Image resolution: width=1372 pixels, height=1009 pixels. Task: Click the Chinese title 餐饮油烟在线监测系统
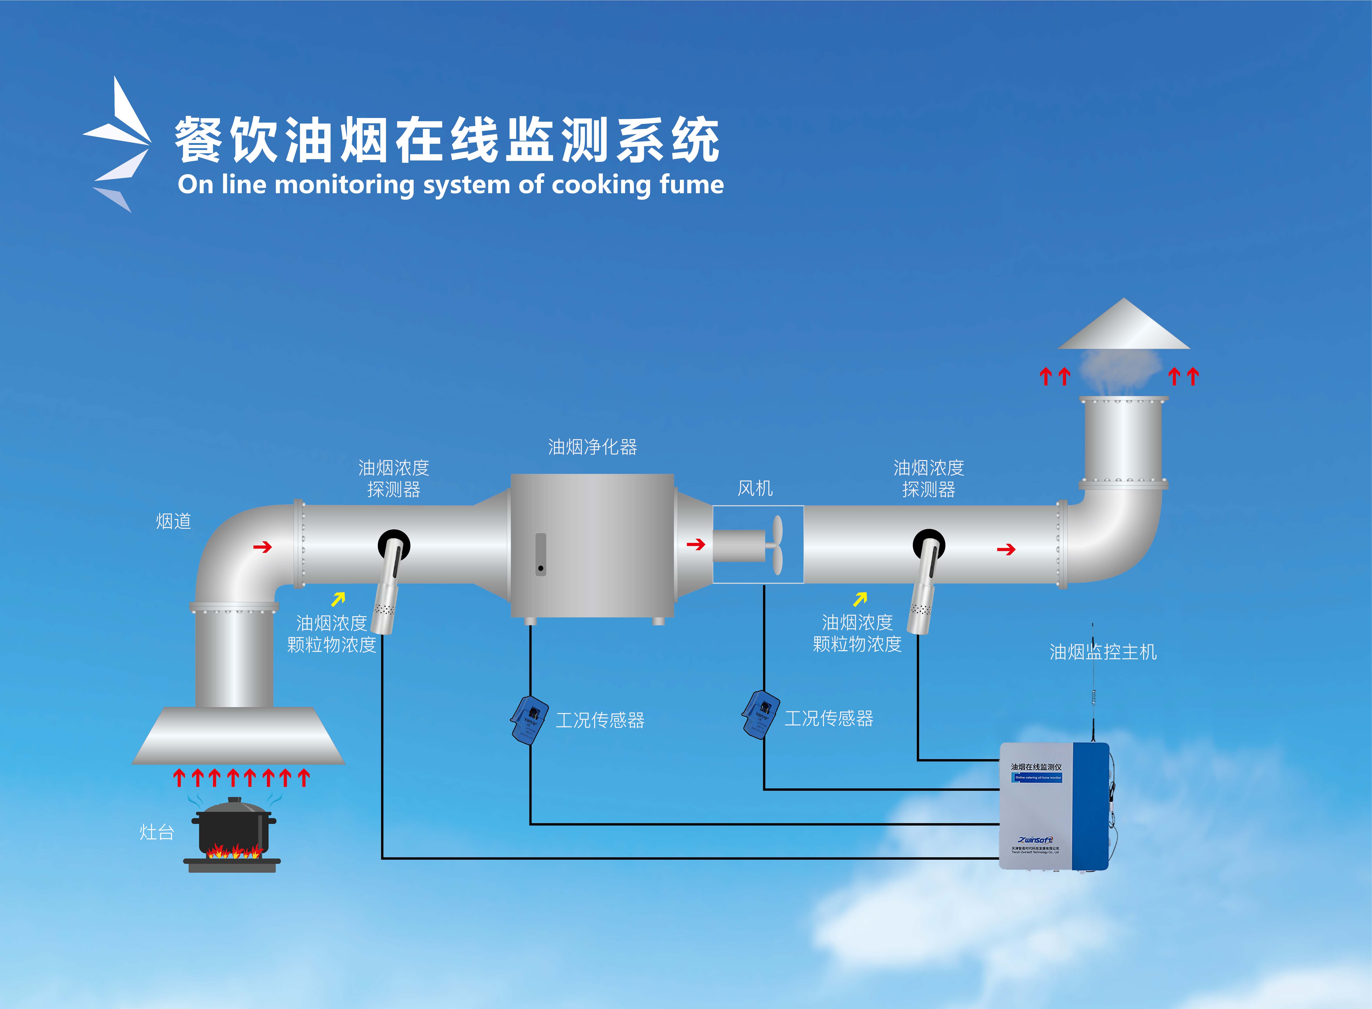447,140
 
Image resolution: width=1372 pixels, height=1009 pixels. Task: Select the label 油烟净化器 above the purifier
592,447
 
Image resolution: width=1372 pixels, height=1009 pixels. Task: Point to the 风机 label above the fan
755,488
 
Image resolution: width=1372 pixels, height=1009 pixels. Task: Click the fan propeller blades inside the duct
776,545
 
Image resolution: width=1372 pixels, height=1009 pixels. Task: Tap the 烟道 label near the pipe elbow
174,521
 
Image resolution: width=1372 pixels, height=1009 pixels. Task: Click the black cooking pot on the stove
234,828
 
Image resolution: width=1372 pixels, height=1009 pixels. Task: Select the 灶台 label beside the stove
157,832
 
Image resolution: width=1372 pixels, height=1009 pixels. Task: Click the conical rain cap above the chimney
1124,327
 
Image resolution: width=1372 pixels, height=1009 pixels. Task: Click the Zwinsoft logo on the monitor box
1035,840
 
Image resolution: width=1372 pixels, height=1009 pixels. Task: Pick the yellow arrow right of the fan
860,599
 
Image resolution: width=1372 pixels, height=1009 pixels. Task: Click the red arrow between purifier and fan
695,544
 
